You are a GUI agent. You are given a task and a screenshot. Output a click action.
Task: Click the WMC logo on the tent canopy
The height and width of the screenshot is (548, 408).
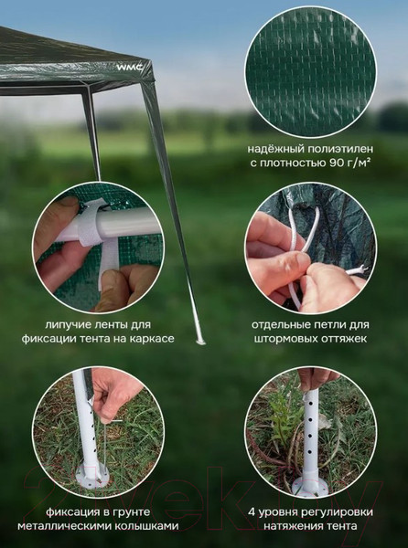130,67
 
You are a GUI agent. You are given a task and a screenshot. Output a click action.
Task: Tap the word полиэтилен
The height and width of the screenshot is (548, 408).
340,149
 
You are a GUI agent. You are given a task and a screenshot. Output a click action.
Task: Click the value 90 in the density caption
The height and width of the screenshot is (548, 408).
337,163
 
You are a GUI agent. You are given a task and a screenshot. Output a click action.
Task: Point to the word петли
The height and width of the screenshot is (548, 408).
326,324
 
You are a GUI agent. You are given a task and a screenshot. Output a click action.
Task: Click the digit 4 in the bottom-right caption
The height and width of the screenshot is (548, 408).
252,512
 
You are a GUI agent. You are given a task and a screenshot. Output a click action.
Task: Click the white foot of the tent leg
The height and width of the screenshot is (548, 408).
200,340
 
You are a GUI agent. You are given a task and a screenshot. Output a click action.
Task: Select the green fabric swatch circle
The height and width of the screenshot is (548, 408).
311,72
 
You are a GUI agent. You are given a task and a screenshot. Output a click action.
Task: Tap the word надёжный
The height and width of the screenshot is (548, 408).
276,149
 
